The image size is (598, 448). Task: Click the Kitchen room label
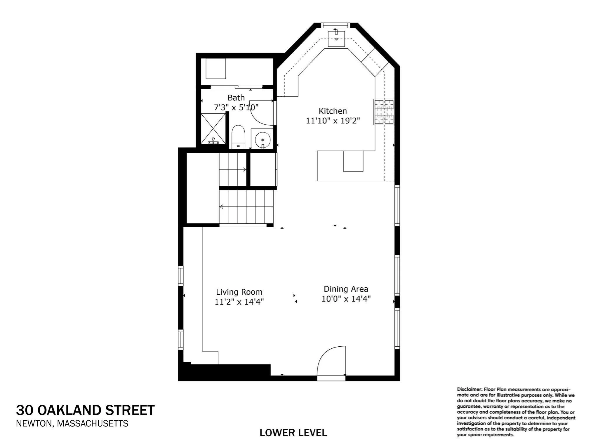tap(333, 111)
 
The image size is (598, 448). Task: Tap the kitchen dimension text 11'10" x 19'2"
tap(333, 121)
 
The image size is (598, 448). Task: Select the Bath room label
tap(236, 98)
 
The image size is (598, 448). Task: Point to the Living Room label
tap(239, 292)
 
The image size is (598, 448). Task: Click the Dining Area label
tap(346, 289)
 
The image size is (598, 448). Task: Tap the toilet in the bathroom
tap(238, 137)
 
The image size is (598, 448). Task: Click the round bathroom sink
tap(263, 139)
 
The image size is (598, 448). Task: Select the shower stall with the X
tap(213, 129)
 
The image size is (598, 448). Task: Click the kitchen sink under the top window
tap(336, 39)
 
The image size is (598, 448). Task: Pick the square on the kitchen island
tap(353, 161)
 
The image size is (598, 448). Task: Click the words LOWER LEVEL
tap(293, 433)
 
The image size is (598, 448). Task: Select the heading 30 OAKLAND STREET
tap(85, 410)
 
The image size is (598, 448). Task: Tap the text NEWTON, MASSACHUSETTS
tap(72, 423)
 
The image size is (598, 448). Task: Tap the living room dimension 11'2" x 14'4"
tap(239, 302)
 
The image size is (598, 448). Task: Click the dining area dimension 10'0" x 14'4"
tap(346, 299)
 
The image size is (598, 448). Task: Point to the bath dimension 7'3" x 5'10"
tap(237, 107)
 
